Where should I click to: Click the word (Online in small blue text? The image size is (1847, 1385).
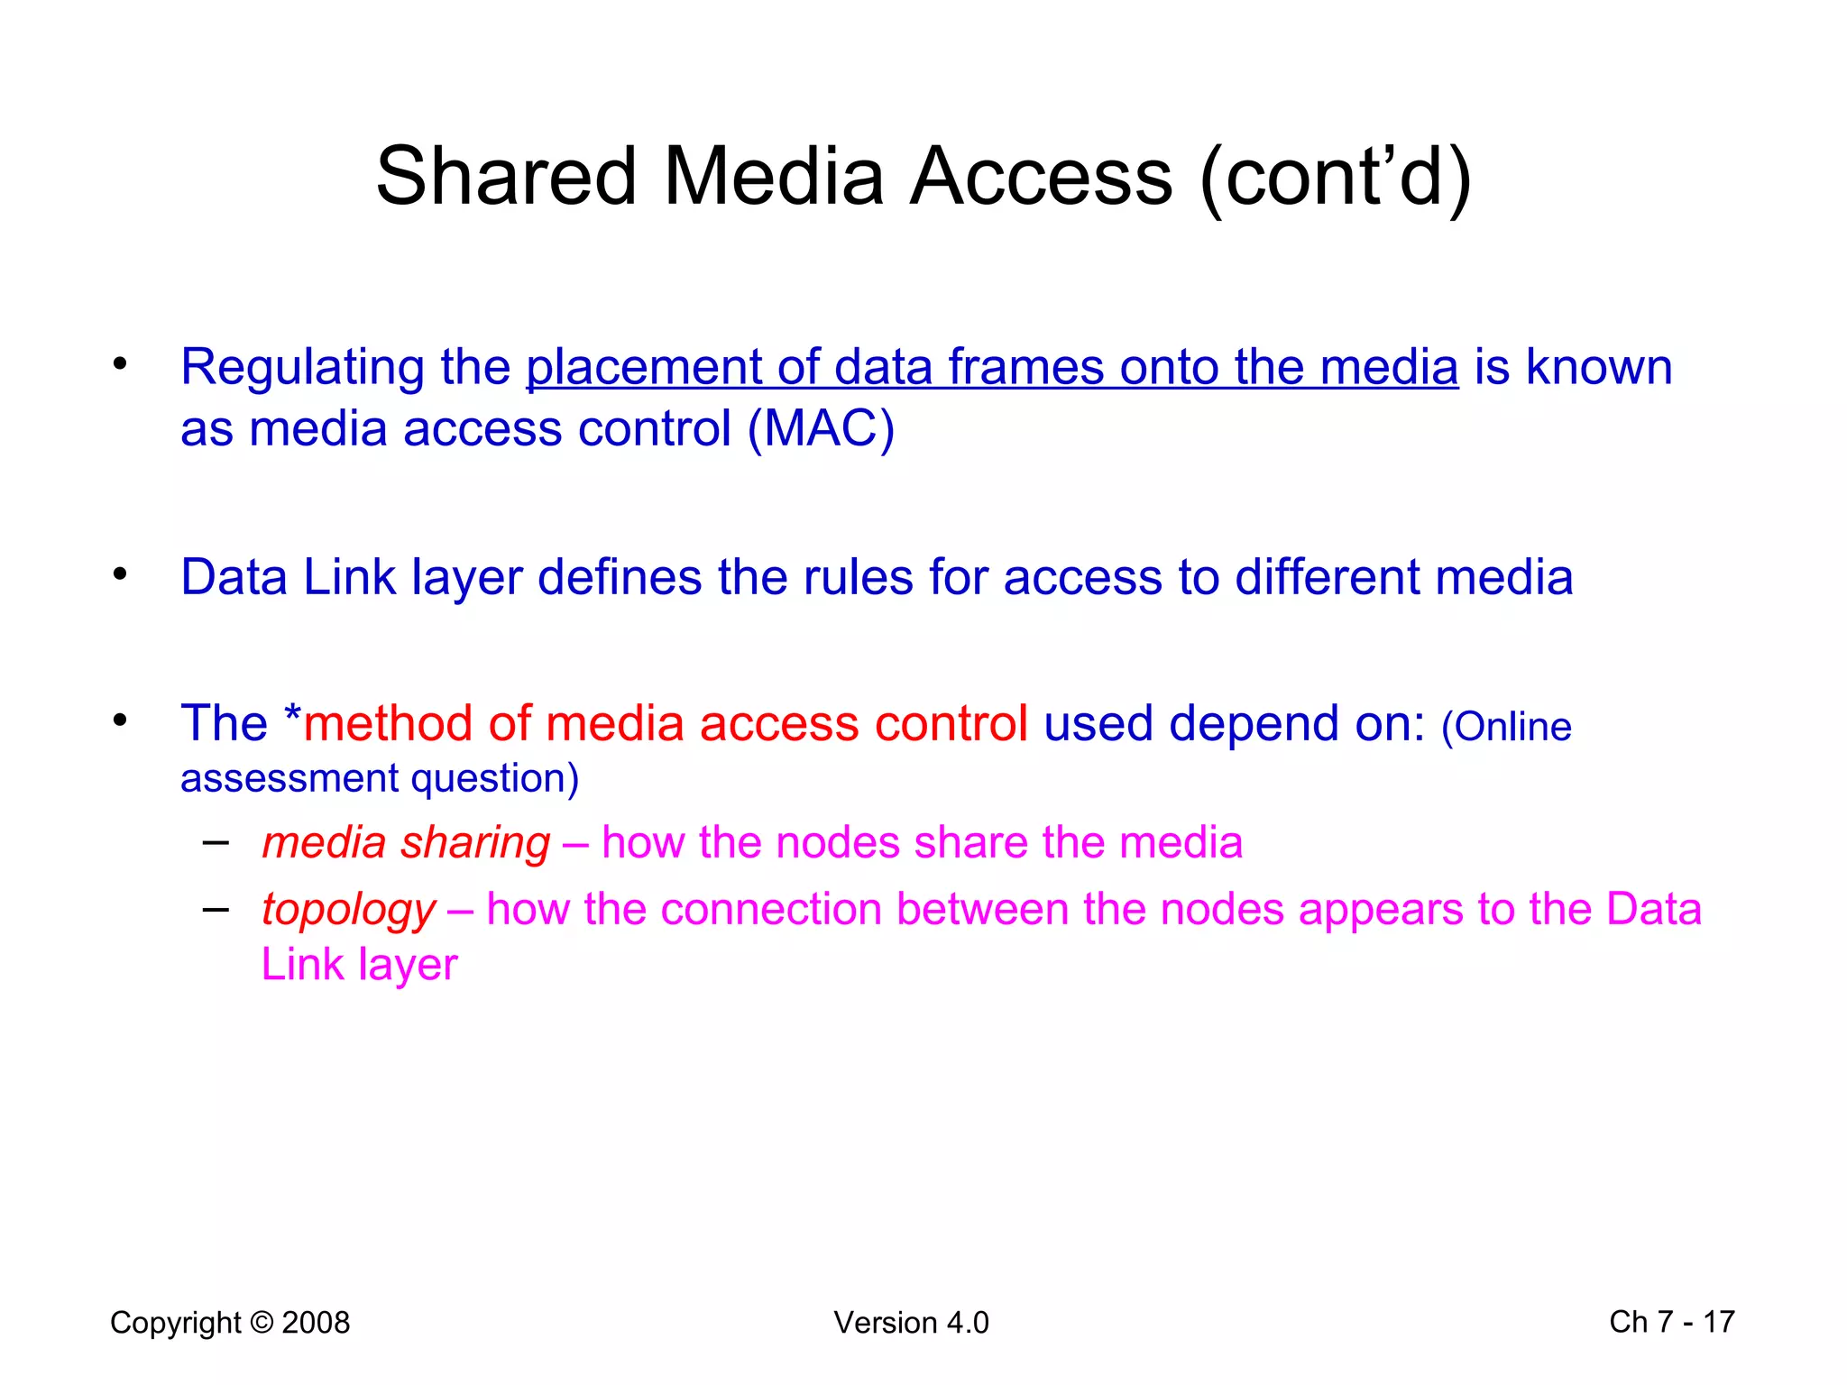1506,727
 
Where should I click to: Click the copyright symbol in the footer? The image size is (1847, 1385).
262,1322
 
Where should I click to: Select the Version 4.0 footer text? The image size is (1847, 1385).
911,1323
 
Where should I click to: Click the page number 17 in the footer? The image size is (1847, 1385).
1718,1322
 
